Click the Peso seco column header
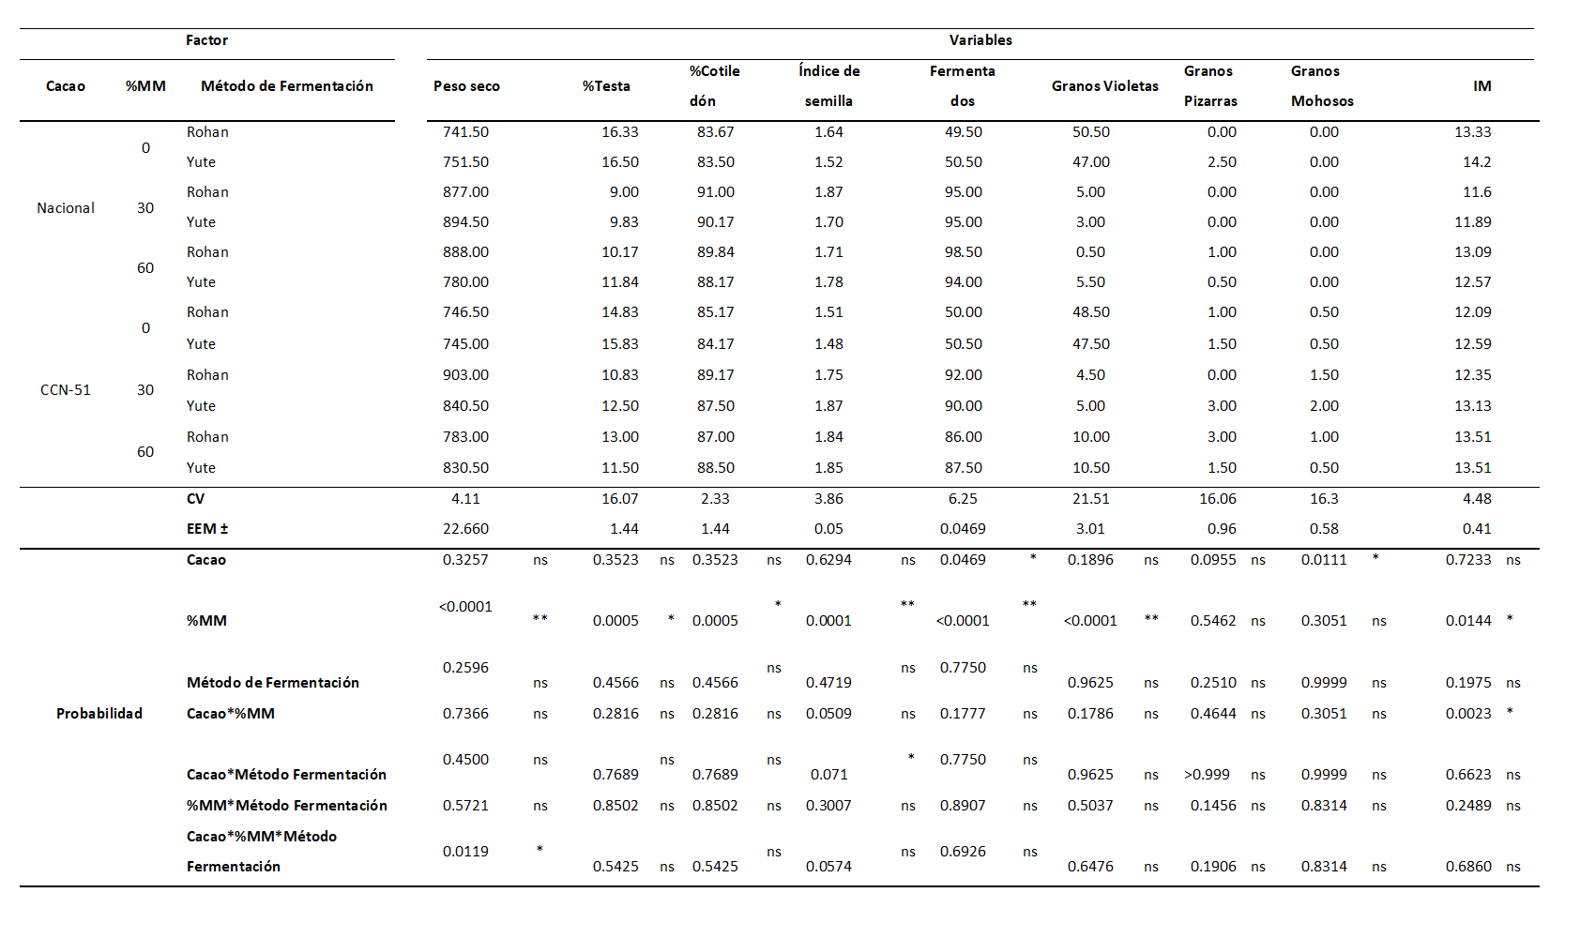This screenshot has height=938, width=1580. point(466,86)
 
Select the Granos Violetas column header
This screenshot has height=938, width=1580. point(1104,86)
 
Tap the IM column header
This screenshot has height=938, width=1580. point(1482,86)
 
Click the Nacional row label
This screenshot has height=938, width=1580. point(66,208)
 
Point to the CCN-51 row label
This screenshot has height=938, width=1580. point(66,390)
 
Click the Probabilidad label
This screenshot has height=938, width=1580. point(99,714)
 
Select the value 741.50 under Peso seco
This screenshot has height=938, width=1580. point(465,132)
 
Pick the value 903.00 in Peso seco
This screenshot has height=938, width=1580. point(465,375)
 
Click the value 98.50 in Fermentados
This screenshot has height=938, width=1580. point(964,251)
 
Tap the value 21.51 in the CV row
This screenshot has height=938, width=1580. point(1091,499)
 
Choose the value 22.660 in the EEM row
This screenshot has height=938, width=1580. point(465,529)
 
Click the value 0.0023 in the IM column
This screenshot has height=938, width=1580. point(1468,714)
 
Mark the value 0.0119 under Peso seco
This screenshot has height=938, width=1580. point(465,852)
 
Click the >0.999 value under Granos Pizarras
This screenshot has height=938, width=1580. point(1207,775)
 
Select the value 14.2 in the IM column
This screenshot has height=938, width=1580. point(1477,162)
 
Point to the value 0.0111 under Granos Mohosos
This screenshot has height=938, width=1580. point(1324,560)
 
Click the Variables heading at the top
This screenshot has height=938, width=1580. point(980,40)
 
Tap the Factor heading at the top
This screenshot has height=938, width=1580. point(206,40)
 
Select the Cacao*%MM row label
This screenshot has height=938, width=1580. point(231,714)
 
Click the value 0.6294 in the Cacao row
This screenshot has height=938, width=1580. point(828,560)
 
